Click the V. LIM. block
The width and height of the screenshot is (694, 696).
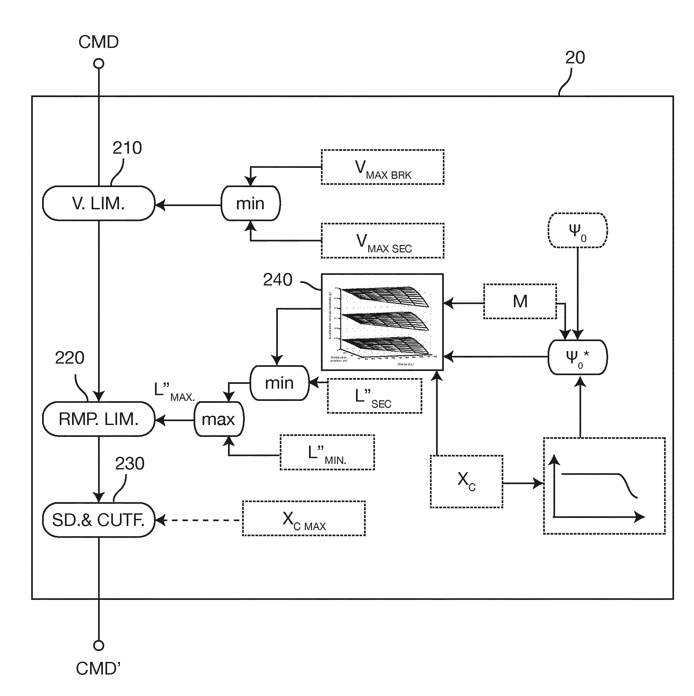click(98, 203)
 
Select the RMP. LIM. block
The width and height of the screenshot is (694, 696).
click(98, 419)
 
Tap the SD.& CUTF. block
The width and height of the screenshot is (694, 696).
click(98, 520)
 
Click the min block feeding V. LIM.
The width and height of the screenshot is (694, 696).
click(251, 203)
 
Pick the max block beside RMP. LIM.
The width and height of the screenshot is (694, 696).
click(219, 419)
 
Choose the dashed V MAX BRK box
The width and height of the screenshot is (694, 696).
click(382, 167)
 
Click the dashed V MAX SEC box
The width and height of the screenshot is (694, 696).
click(382, 241)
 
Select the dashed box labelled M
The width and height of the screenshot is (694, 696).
click(520, 301)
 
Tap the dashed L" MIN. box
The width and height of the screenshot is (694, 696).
click(327, 452)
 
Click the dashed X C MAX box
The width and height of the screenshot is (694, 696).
click(304, 519)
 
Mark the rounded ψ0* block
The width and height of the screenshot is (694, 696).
click(578, 357)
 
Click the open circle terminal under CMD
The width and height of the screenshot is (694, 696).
click(99, 64)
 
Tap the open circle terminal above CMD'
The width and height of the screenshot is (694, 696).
click(99, 645)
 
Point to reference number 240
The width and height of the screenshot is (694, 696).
click(278, 280)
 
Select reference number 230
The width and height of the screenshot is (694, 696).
click(130, 464)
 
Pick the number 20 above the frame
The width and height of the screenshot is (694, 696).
click(575, 58)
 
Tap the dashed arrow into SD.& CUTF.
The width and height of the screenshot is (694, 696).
click(198, 520)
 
